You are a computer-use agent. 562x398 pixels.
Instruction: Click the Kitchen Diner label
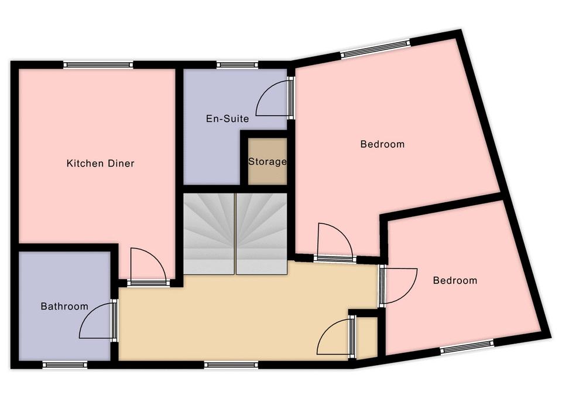point(100,164)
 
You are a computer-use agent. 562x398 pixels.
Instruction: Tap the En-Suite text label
point(228,119)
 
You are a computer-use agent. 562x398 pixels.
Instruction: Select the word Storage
point(268,162)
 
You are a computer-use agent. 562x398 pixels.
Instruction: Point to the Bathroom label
point(64,307)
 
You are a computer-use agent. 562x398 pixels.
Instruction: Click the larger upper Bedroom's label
point(382,144)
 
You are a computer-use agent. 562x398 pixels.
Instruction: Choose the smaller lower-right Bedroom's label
point(455,280)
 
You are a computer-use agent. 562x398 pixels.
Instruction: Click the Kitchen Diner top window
point(98,65)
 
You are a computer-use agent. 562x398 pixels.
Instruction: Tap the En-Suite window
point(237,65)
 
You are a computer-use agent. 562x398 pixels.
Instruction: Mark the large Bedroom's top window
point(375,49)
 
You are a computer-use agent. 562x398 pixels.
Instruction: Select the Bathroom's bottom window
point(65,365)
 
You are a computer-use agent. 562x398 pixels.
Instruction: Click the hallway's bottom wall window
point(231,365)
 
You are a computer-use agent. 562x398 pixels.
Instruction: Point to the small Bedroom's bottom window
point(467,346)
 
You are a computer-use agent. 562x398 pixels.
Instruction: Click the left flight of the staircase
point(209,234)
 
